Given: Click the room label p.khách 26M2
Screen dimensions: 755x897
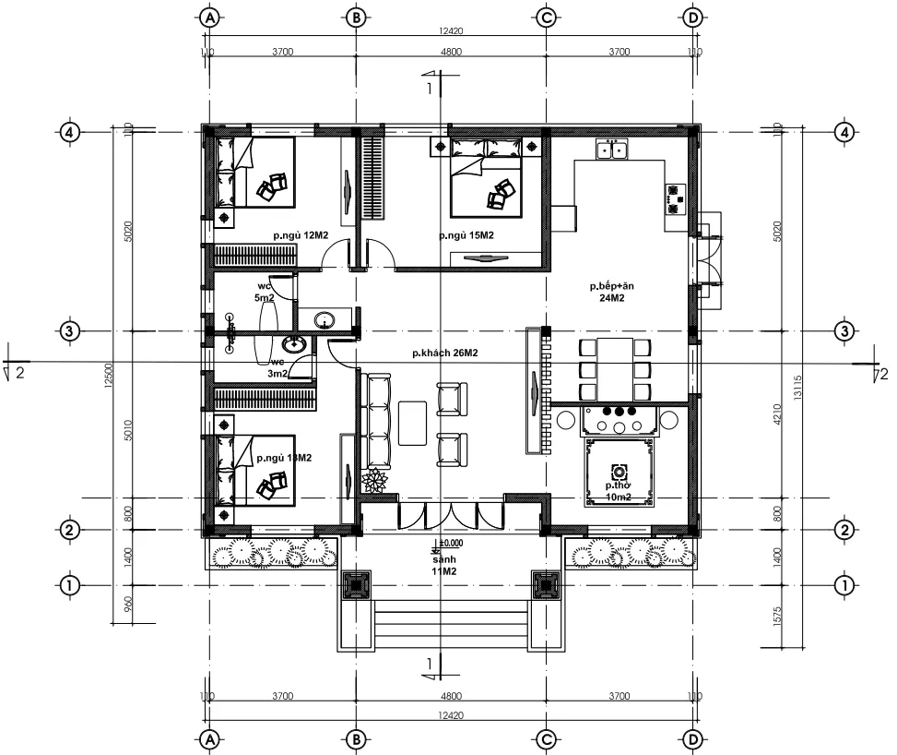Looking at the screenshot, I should pos(444,354).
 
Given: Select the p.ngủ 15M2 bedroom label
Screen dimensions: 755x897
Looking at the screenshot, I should pos(466,236).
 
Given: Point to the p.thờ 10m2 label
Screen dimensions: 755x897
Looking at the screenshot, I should pos(618,491).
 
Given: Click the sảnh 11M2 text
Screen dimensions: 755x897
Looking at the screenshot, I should pos(445,566).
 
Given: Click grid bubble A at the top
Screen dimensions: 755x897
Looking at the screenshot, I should pos(210,18).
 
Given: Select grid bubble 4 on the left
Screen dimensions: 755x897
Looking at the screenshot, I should pos(69,132).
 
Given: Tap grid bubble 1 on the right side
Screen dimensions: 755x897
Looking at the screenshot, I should pos(843,584).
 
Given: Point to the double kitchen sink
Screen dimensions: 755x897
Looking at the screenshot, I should pos(612,150).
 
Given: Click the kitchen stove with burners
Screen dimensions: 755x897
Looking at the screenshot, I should pos(676,195).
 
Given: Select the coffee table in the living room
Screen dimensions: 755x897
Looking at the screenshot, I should pos(412,423).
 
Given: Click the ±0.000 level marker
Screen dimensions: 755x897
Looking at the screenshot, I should pos(449,544).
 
